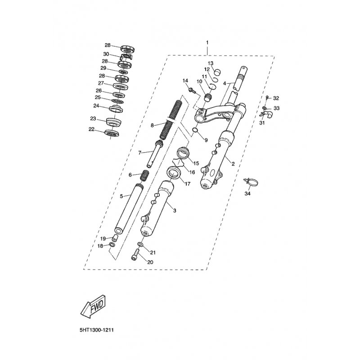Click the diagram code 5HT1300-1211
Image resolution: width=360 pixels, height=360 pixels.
(97, 331)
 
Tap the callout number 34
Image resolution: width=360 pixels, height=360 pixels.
(247, 194)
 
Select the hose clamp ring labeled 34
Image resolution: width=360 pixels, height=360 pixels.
(252, 183)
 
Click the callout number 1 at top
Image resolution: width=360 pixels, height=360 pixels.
(207, 42)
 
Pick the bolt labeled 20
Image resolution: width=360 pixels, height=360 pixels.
(135, 255)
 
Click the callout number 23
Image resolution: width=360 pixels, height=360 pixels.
(93, 119)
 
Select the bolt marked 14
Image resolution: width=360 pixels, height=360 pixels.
(193, 90)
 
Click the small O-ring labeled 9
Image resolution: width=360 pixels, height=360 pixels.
(195, 130)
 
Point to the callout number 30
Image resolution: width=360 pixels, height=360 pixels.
(106, 54)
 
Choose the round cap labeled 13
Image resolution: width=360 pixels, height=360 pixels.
(218, 72)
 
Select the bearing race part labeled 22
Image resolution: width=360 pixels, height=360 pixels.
(112, 133)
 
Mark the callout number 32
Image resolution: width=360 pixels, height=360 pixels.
(276, 98)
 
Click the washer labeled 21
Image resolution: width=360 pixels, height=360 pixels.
(140, 244)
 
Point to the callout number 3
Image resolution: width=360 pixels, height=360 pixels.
(175, 210)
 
